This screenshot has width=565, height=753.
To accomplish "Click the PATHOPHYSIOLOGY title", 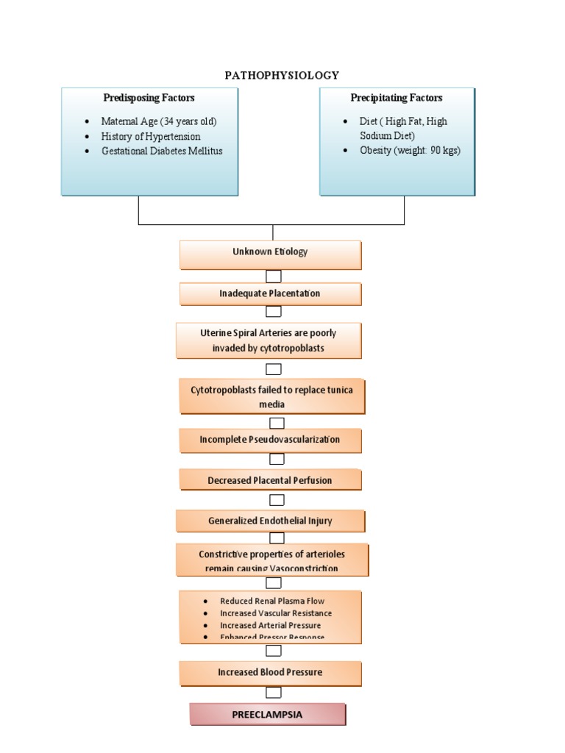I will pyautogui.click(x=282, y=75).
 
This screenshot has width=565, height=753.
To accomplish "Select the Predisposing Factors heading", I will pyautogui.click(x=149, y=98).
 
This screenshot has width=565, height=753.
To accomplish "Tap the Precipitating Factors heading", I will pyautogui.click(x=397, y=98).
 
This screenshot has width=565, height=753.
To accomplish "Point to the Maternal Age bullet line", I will pyautogui.click(x=159, y=121).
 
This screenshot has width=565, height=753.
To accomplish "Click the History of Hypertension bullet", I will pyautogui.click(x=151, y=136).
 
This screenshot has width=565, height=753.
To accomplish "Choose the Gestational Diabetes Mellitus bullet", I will pyautogui.click(x=162, y=151).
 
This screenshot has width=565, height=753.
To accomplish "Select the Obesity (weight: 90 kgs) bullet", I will pyautogui.click(x=410, y=151).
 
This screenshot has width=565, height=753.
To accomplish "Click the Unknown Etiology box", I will pyautogui.click(x=270, y=252).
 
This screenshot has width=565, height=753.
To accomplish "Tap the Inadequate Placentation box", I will pyautogui.click(x=270, y=293).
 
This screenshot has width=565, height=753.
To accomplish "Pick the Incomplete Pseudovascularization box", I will pyautogui.click(x=270, y=440).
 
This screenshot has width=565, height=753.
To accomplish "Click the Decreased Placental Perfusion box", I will pyautogui.click(x=270, y=480).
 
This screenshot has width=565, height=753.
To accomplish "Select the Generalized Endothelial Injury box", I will pyautogui.click(x=270, y=521).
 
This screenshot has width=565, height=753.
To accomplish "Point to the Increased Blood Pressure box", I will pyautogui.click(x=270, y=672).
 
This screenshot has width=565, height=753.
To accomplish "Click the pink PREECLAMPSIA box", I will pyautogui.click(x=268, y=714).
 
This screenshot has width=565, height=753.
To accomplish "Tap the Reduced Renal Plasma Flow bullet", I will pyautogui.click(x=272, y=601).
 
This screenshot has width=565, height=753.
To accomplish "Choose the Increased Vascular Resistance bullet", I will pyautogui.click(x=276, y=613).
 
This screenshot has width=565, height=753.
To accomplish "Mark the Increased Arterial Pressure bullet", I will pyautogui.click(x=270, y=626).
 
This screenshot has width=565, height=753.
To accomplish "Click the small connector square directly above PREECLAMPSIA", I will pyautogui.click(x=273, y=693).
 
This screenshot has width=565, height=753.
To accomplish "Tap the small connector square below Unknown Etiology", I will pyautogui.click(x=273, y=276).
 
